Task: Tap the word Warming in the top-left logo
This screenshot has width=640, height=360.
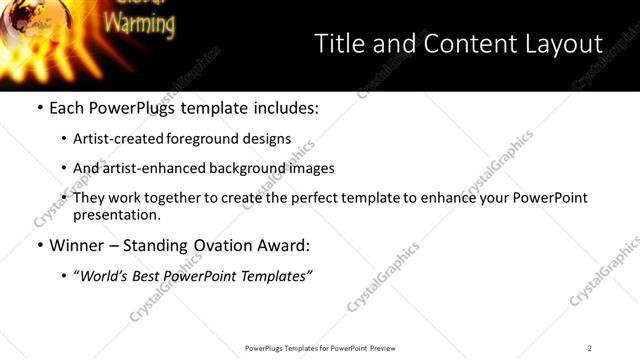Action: tap(139, 22)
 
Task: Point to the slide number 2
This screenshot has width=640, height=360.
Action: tap(590, 347)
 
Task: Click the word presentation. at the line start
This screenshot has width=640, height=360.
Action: tap(116, 214)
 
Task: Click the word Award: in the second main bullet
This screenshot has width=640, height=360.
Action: tap(284, 245)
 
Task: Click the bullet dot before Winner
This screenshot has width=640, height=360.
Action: tap(39, 245)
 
